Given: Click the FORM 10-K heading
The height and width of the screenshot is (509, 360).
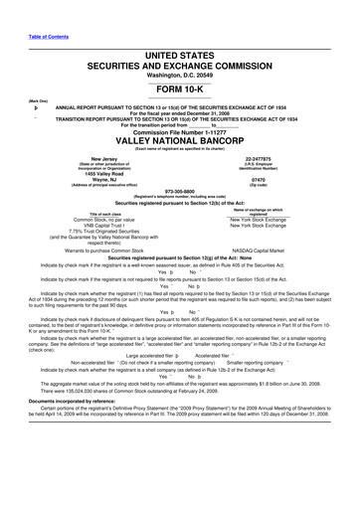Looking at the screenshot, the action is (x=179, y=86).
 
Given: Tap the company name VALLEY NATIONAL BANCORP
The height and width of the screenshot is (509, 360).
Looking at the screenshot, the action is (x=179, y=140).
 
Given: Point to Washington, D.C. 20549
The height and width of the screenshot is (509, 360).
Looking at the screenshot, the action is (x=179, y=74).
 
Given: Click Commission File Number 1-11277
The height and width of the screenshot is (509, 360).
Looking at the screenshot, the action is (x=179, y=129).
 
